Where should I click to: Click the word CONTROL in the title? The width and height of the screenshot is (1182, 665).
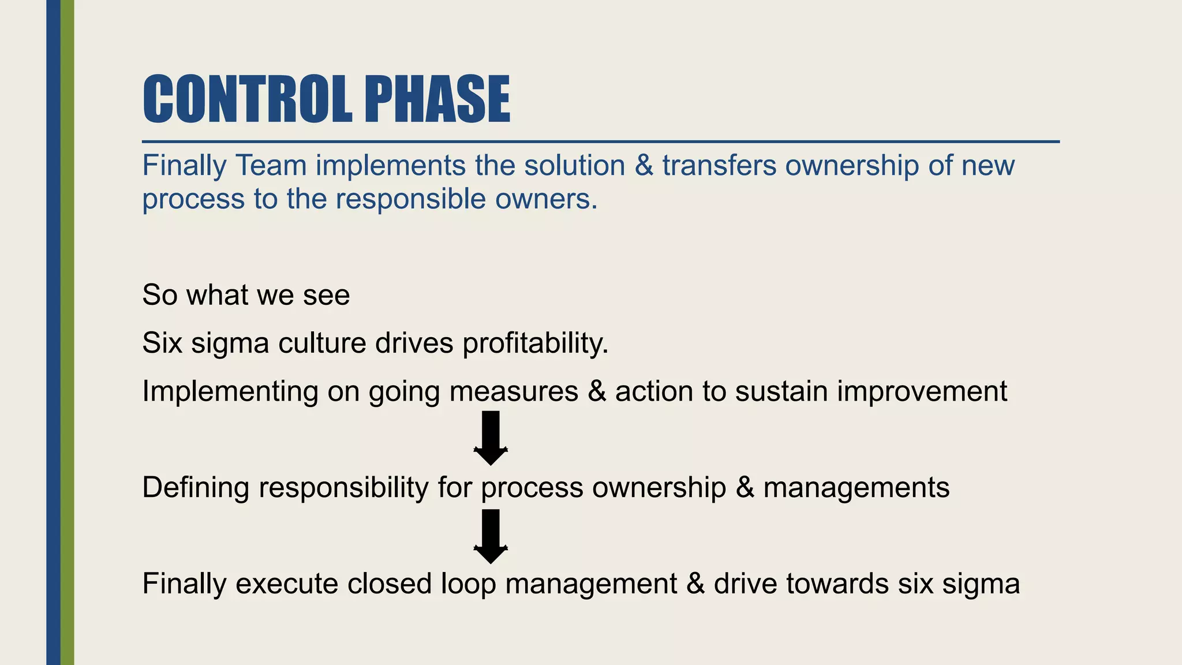pos(247,99)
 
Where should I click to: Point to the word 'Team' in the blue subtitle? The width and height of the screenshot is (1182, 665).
pos(271,166)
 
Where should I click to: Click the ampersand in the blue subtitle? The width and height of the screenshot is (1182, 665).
pos(644,166)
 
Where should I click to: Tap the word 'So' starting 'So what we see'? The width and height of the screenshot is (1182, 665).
pos(159,295)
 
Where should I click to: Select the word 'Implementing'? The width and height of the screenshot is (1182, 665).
pos(230,392)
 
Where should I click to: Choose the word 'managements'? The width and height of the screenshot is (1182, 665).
pos(856,488)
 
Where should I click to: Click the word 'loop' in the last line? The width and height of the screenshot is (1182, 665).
pos(468,584)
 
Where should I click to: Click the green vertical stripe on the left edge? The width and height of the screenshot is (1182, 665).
pos(68,332)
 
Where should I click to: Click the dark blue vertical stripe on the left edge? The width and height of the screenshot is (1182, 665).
pos(53,332)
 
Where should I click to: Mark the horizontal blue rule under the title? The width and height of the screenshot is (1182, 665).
pos(600,141)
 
